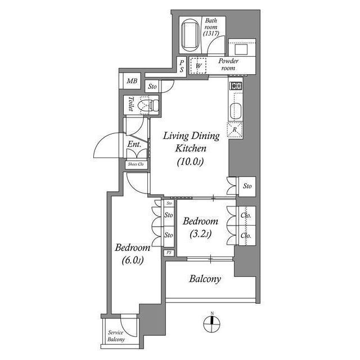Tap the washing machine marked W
(199, 66)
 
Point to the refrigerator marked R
(235, 129)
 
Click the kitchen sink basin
(235, 110)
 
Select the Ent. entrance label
(134, 145)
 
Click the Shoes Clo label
(136, 164)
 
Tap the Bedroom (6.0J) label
(132, 254)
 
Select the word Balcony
(205, 278)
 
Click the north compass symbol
(211, 322)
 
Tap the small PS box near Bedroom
(169, 253)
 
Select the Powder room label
(228, 64)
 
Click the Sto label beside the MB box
(152, 87)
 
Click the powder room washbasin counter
(242, 46)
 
